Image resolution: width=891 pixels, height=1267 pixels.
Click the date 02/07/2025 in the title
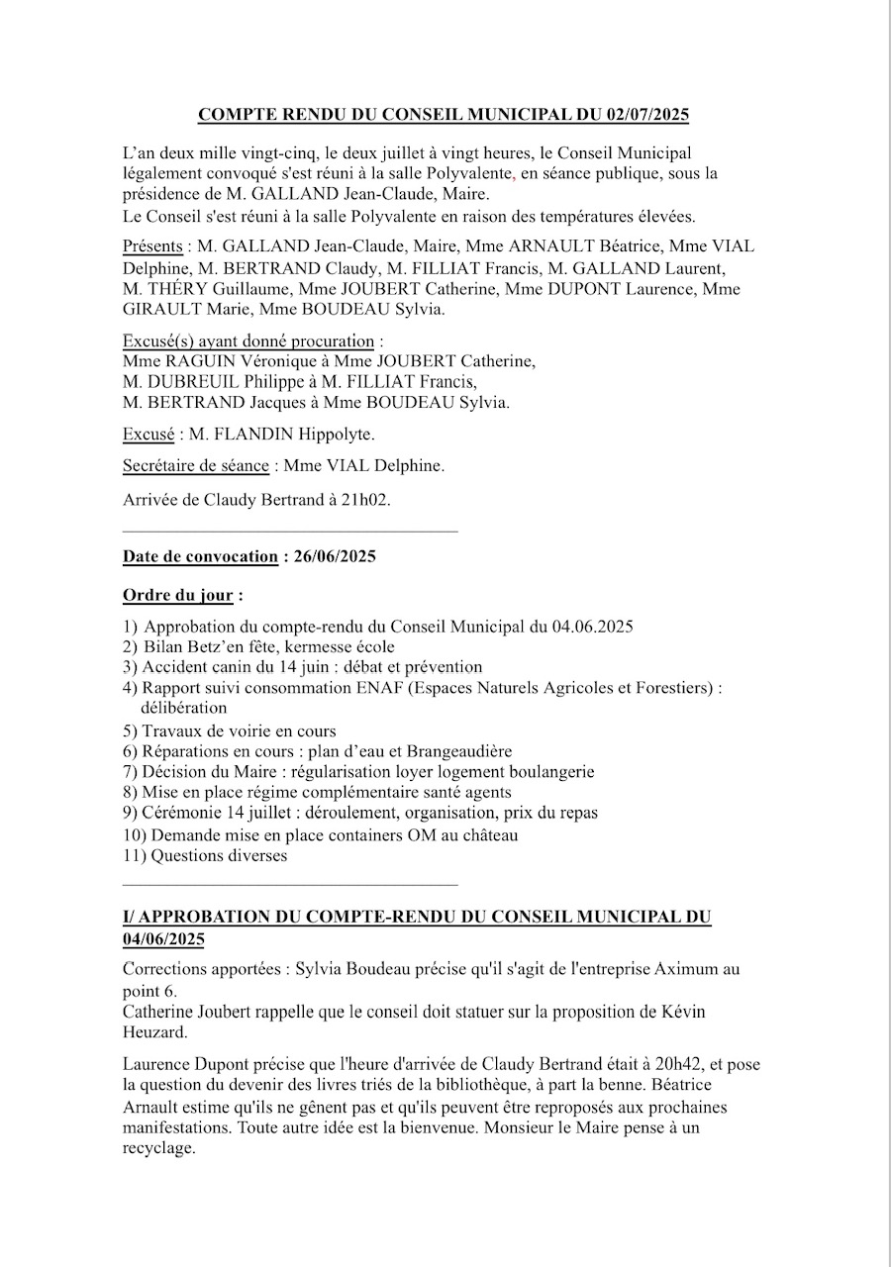tap(644, 115)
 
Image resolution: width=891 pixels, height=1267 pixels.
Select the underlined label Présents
tap(152, 246)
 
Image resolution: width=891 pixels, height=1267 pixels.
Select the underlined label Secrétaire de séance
tap(195, 465)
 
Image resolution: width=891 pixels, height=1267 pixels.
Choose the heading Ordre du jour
tap(178, 596)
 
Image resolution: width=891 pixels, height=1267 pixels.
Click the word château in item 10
tap(487, 834)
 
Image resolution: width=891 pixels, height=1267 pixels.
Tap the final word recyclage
tap(159, 1149)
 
